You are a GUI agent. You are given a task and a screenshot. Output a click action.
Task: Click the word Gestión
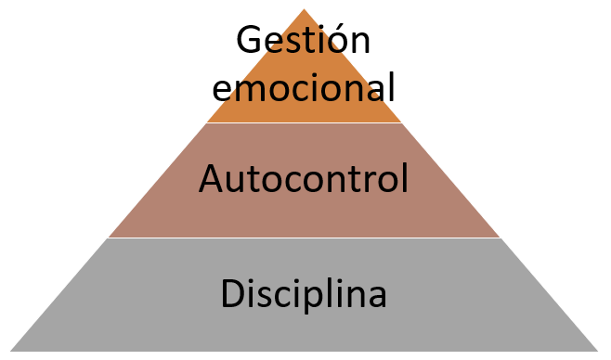[303, 42]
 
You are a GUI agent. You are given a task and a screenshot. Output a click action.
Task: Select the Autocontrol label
[304, 179]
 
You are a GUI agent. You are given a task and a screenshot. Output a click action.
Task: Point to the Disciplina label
[304, 295]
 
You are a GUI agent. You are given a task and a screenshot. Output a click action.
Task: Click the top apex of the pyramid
[305, 10]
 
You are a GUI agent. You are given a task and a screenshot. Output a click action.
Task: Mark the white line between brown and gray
[305, 238]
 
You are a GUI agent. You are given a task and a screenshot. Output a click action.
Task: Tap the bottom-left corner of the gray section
[13, 350]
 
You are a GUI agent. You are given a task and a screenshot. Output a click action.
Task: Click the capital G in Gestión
[248, 41]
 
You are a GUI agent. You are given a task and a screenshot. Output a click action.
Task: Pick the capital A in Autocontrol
[211, 178]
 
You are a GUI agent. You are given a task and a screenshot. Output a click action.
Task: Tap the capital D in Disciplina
[232, 294]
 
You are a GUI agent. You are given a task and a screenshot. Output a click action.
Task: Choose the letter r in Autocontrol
[369, 181]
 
